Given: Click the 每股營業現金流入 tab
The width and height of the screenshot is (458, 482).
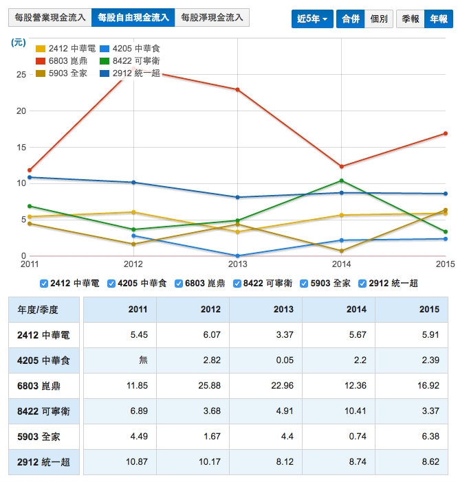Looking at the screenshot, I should (x=50, y=17).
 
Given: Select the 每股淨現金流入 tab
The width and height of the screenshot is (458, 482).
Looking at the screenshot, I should (x=212, y=17).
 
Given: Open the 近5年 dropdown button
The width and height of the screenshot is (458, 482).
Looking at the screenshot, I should (x=312, y=19).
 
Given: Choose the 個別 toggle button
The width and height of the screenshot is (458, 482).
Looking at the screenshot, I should (x=379, y=19).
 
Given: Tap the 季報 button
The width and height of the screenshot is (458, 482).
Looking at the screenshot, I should (x=411, y=19).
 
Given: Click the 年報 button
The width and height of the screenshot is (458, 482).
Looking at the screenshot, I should (x=439, y=19).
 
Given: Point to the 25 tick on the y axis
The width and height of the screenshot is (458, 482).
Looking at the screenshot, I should (x=20, y=75).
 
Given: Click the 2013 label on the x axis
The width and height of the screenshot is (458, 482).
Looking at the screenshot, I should (x=237, y=264).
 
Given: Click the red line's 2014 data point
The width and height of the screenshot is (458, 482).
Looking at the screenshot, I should (x=342, y=166).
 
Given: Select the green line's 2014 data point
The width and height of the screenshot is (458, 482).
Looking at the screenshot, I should (x=342, y=181).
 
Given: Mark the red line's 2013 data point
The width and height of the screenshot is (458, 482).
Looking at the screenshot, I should (x=237, y=89).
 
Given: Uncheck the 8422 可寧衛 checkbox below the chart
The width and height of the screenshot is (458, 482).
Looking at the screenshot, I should (x=238, y=283).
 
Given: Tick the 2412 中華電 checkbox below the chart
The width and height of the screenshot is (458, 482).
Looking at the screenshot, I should (x=45, y=283).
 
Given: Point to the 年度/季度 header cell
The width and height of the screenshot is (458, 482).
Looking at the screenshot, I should (x=38, y=310).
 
